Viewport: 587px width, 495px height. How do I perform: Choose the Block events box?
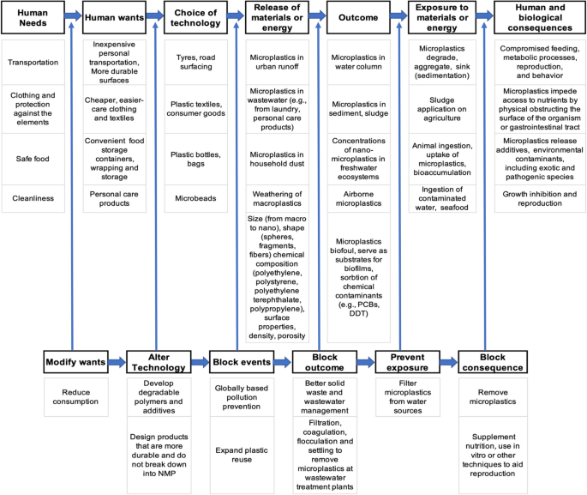click(243, 362)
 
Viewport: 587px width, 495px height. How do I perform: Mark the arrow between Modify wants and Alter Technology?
click(116, 362)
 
